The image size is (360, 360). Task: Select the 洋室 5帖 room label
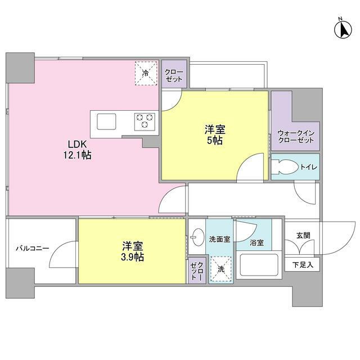pos(214,135)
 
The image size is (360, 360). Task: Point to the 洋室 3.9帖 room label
pos(133,251)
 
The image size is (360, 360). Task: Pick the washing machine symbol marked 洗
pos(220,268)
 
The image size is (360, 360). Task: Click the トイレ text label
pos(308,167)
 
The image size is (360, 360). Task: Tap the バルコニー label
pos(32,248)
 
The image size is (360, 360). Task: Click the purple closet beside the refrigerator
pos(173,75)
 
